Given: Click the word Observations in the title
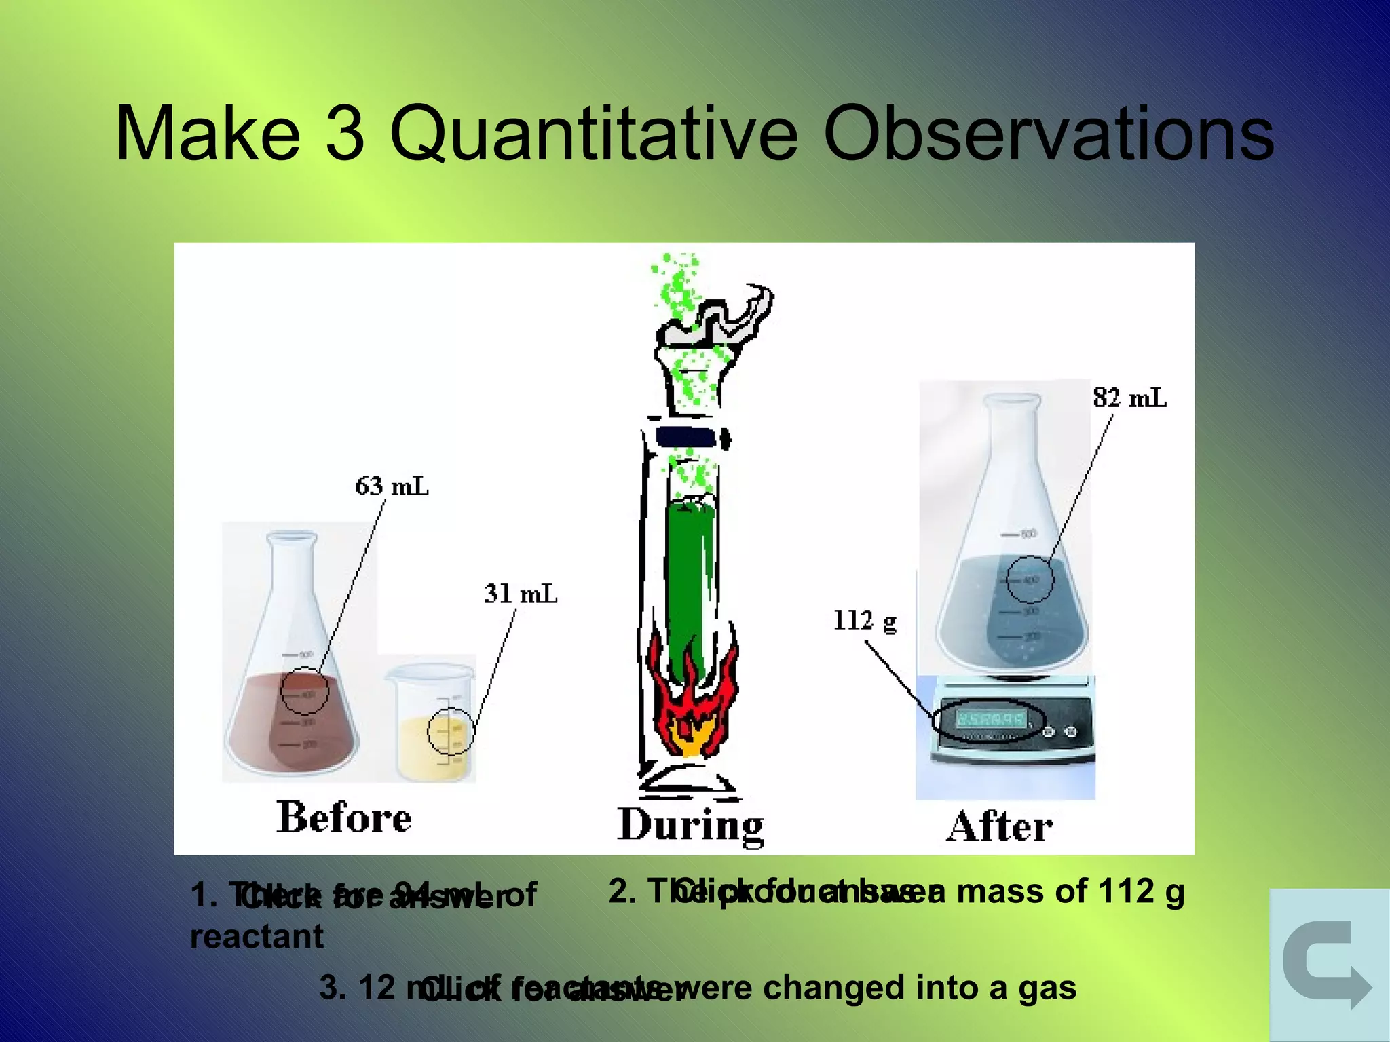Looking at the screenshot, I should pyautogui.click(x=1049, y=134).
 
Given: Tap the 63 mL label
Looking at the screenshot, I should pyautogui.click(x=392, y=486).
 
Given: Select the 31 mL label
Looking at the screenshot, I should pyautogui.click(x=521, y=594).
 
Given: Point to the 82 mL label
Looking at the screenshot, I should pyautogui.click(x=1129, y=398).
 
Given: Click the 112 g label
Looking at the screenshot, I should pyautogui.click(x=865, y=620).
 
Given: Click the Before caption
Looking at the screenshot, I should pyautogui.click(x=343, y=817).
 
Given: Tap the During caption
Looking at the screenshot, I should pyautogui.click(x=690, y=825).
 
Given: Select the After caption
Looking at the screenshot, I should pyautogui.click(x=1000, y=826).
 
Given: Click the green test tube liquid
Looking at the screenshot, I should pyautogui.click(x=690, y=583).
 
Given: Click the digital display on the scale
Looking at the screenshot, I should pyautogui.click(x=990, y=718).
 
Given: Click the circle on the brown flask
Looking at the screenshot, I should pyautogui.click(x=305, y=691).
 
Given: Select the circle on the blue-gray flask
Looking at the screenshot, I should pyautogui.click(x=1030, y=579).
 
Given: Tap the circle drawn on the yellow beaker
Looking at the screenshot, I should pyautogui.click(x=450, y=731).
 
